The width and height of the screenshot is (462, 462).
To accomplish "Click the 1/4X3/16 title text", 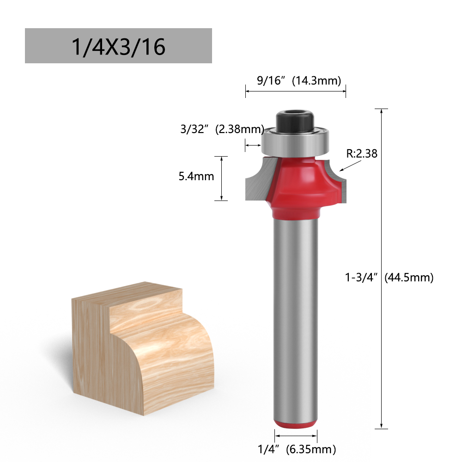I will click(x=118, y=46).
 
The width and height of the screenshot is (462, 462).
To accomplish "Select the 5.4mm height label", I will click(x=196, y=176).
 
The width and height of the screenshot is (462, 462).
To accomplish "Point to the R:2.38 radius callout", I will click(x=362, y=154).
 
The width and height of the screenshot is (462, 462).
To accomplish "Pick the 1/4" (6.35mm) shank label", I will click(x=297, y=449).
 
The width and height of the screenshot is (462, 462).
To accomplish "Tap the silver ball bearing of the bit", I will click(x=296, y=140).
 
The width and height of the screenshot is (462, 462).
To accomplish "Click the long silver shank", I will click(x=296, y=314).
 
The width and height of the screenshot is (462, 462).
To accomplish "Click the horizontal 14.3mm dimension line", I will click(x=296, y=91).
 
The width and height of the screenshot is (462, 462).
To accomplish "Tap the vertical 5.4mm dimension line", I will click(x=222, y=178).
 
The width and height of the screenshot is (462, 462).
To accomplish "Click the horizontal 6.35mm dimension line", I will click(x=296, y=435).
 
